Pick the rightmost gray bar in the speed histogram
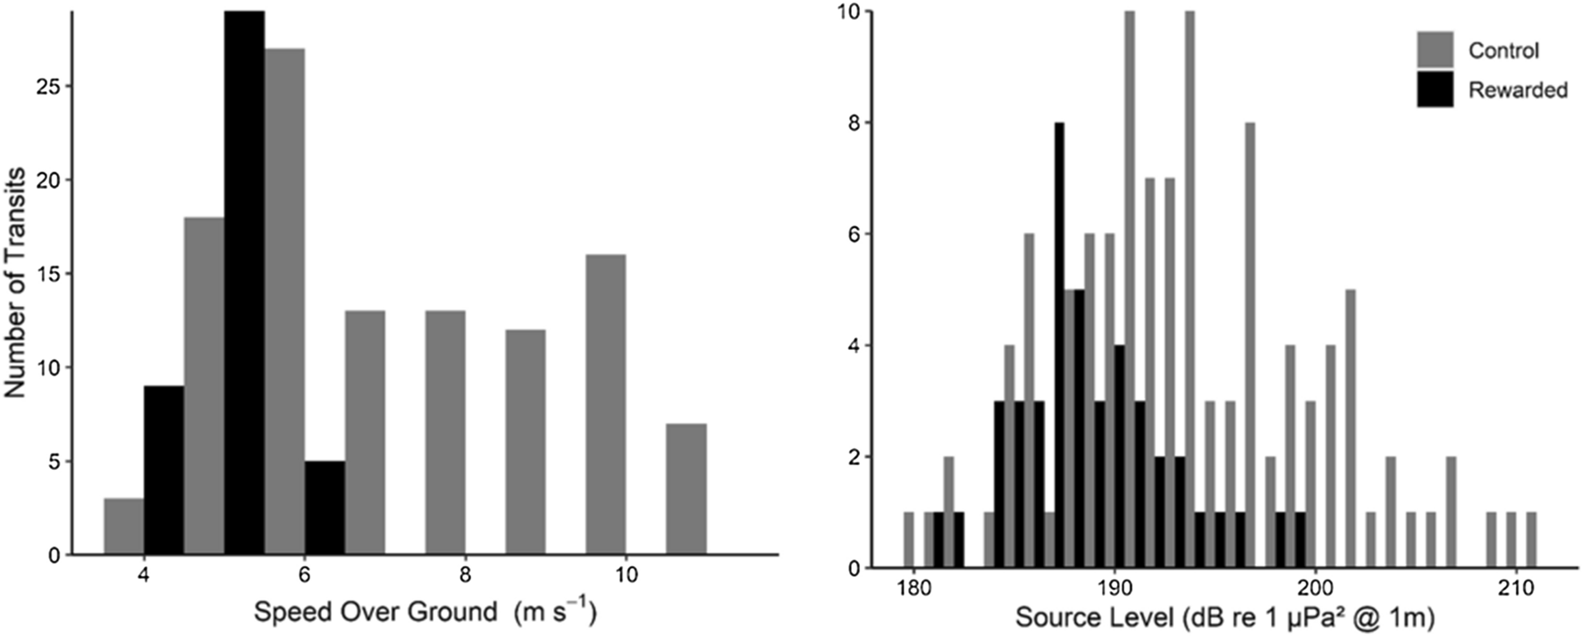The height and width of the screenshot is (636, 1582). [686, 489]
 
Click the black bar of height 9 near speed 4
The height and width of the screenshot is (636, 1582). [164, 471]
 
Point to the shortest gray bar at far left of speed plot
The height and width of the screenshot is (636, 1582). [123, 527]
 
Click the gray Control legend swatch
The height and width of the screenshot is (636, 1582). [1435, 50]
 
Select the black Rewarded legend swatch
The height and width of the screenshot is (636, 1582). [1435, 89]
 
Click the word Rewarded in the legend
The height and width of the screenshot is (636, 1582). [1518, 90]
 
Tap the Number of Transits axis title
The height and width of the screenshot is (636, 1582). [15, 282]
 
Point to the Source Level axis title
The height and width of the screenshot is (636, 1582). [1224, 616]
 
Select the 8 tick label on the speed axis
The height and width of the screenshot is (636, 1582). [465, 574]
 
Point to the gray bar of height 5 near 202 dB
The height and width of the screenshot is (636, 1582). [1350, 428]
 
